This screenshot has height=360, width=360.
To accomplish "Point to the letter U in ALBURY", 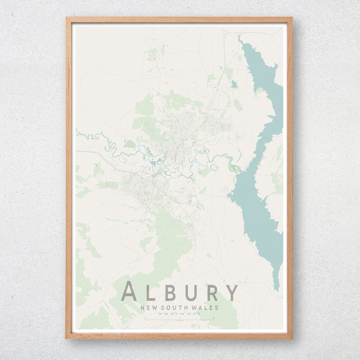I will tap(192, 292).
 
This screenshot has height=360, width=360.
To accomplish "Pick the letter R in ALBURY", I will tap(212, 292).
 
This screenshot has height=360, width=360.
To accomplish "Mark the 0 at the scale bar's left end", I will tap(145, 318).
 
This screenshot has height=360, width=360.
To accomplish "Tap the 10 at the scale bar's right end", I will tap(213, 318).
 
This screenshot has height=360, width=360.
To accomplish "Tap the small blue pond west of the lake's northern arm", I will tap(234, 84).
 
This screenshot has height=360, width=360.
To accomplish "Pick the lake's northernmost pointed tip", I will tap(238, 36).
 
